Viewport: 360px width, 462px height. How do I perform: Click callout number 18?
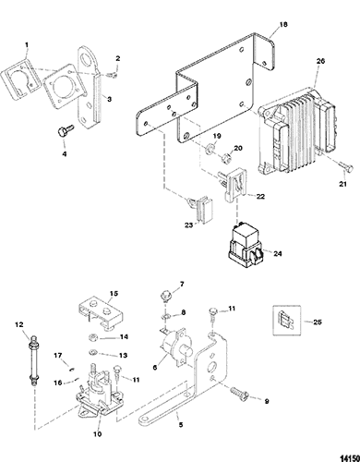283,24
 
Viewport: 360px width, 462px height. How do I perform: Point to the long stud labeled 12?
33,360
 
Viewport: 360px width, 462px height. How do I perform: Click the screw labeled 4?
64,131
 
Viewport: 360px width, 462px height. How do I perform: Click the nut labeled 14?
93,338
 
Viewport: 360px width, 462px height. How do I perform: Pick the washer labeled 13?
93,352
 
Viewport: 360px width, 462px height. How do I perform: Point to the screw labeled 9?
238,394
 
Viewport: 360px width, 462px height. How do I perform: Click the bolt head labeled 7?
165,297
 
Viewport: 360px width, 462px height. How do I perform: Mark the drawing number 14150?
348,457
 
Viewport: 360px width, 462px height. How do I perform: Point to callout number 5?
181,424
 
